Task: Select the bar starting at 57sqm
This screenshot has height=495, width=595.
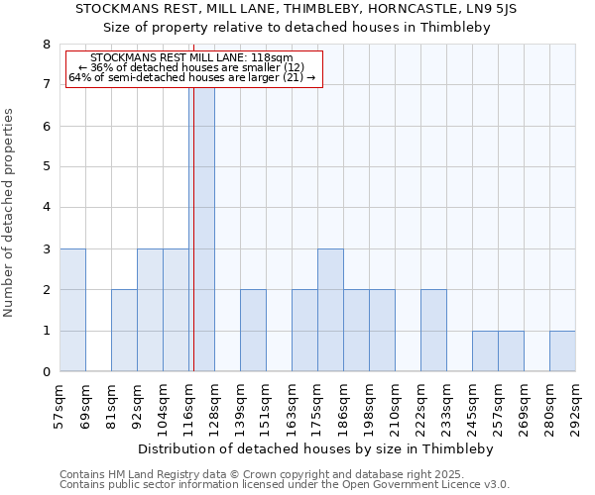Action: click(x=72, y=310)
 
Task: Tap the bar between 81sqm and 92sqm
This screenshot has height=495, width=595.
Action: click(x=124, y=331)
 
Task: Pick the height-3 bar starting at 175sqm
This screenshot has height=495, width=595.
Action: click(x=330, y=310)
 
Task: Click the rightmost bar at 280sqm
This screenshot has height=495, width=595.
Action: click(x=562, y=351)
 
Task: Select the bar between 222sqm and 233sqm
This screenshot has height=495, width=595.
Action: click(x=433, y=331)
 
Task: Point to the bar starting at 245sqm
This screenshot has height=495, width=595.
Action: click(x=485, y=351)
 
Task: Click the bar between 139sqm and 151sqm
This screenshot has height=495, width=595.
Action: click(x=253, y=331)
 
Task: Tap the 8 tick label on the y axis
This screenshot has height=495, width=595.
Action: click(x=46, y=45)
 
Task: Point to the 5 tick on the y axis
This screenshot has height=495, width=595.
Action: click(x=46, y=167)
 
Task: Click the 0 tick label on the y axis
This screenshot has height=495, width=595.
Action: click(x=46, y=372)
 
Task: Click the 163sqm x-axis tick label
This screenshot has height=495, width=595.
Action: click(x=293, y=407)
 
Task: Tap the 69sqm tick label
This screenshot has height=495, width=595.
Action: click(x=86, y=407)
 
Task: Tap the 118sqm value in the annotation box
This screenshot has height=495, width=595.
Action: click(x=272, y=58)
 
